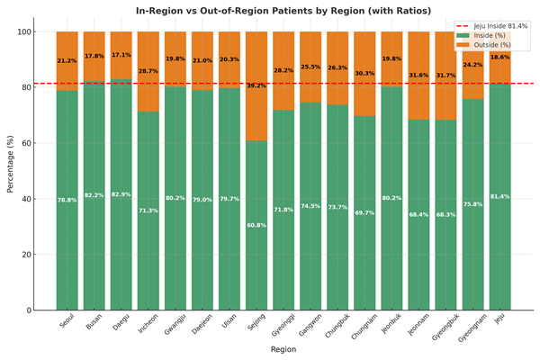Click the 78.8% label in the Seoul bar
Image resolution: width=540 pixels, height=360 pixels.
(67, 200)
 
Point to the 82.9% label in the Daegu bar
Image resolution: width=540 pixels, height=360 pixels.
(121, 194)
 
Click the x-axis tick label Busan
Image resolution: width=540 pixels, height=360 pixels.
(94, 323)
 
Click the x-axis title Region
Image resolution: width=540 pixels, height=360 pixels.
(283, 349)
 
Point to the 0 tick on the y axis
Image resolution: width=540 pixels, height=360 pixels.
(29, 310)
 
